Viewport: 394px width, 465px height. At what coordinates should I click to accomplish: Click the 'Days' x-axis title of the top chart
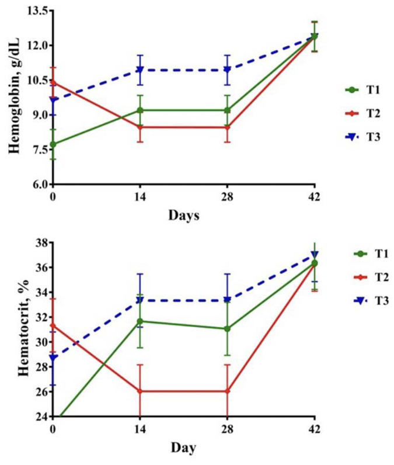pos(184,216)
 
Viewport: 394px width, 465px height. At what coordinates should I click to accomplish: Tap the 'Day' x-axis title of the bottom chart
pos(183,448)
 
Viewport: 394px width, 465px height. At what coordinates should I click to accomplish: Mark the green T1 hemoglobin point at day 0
pos(53,144)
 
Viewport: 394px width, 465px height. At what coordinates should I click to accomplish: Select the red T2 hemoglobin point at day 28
pos(227,127)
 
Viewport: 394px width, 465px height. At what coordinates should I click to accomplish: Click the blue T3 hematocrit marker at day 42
pos(315,255)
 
